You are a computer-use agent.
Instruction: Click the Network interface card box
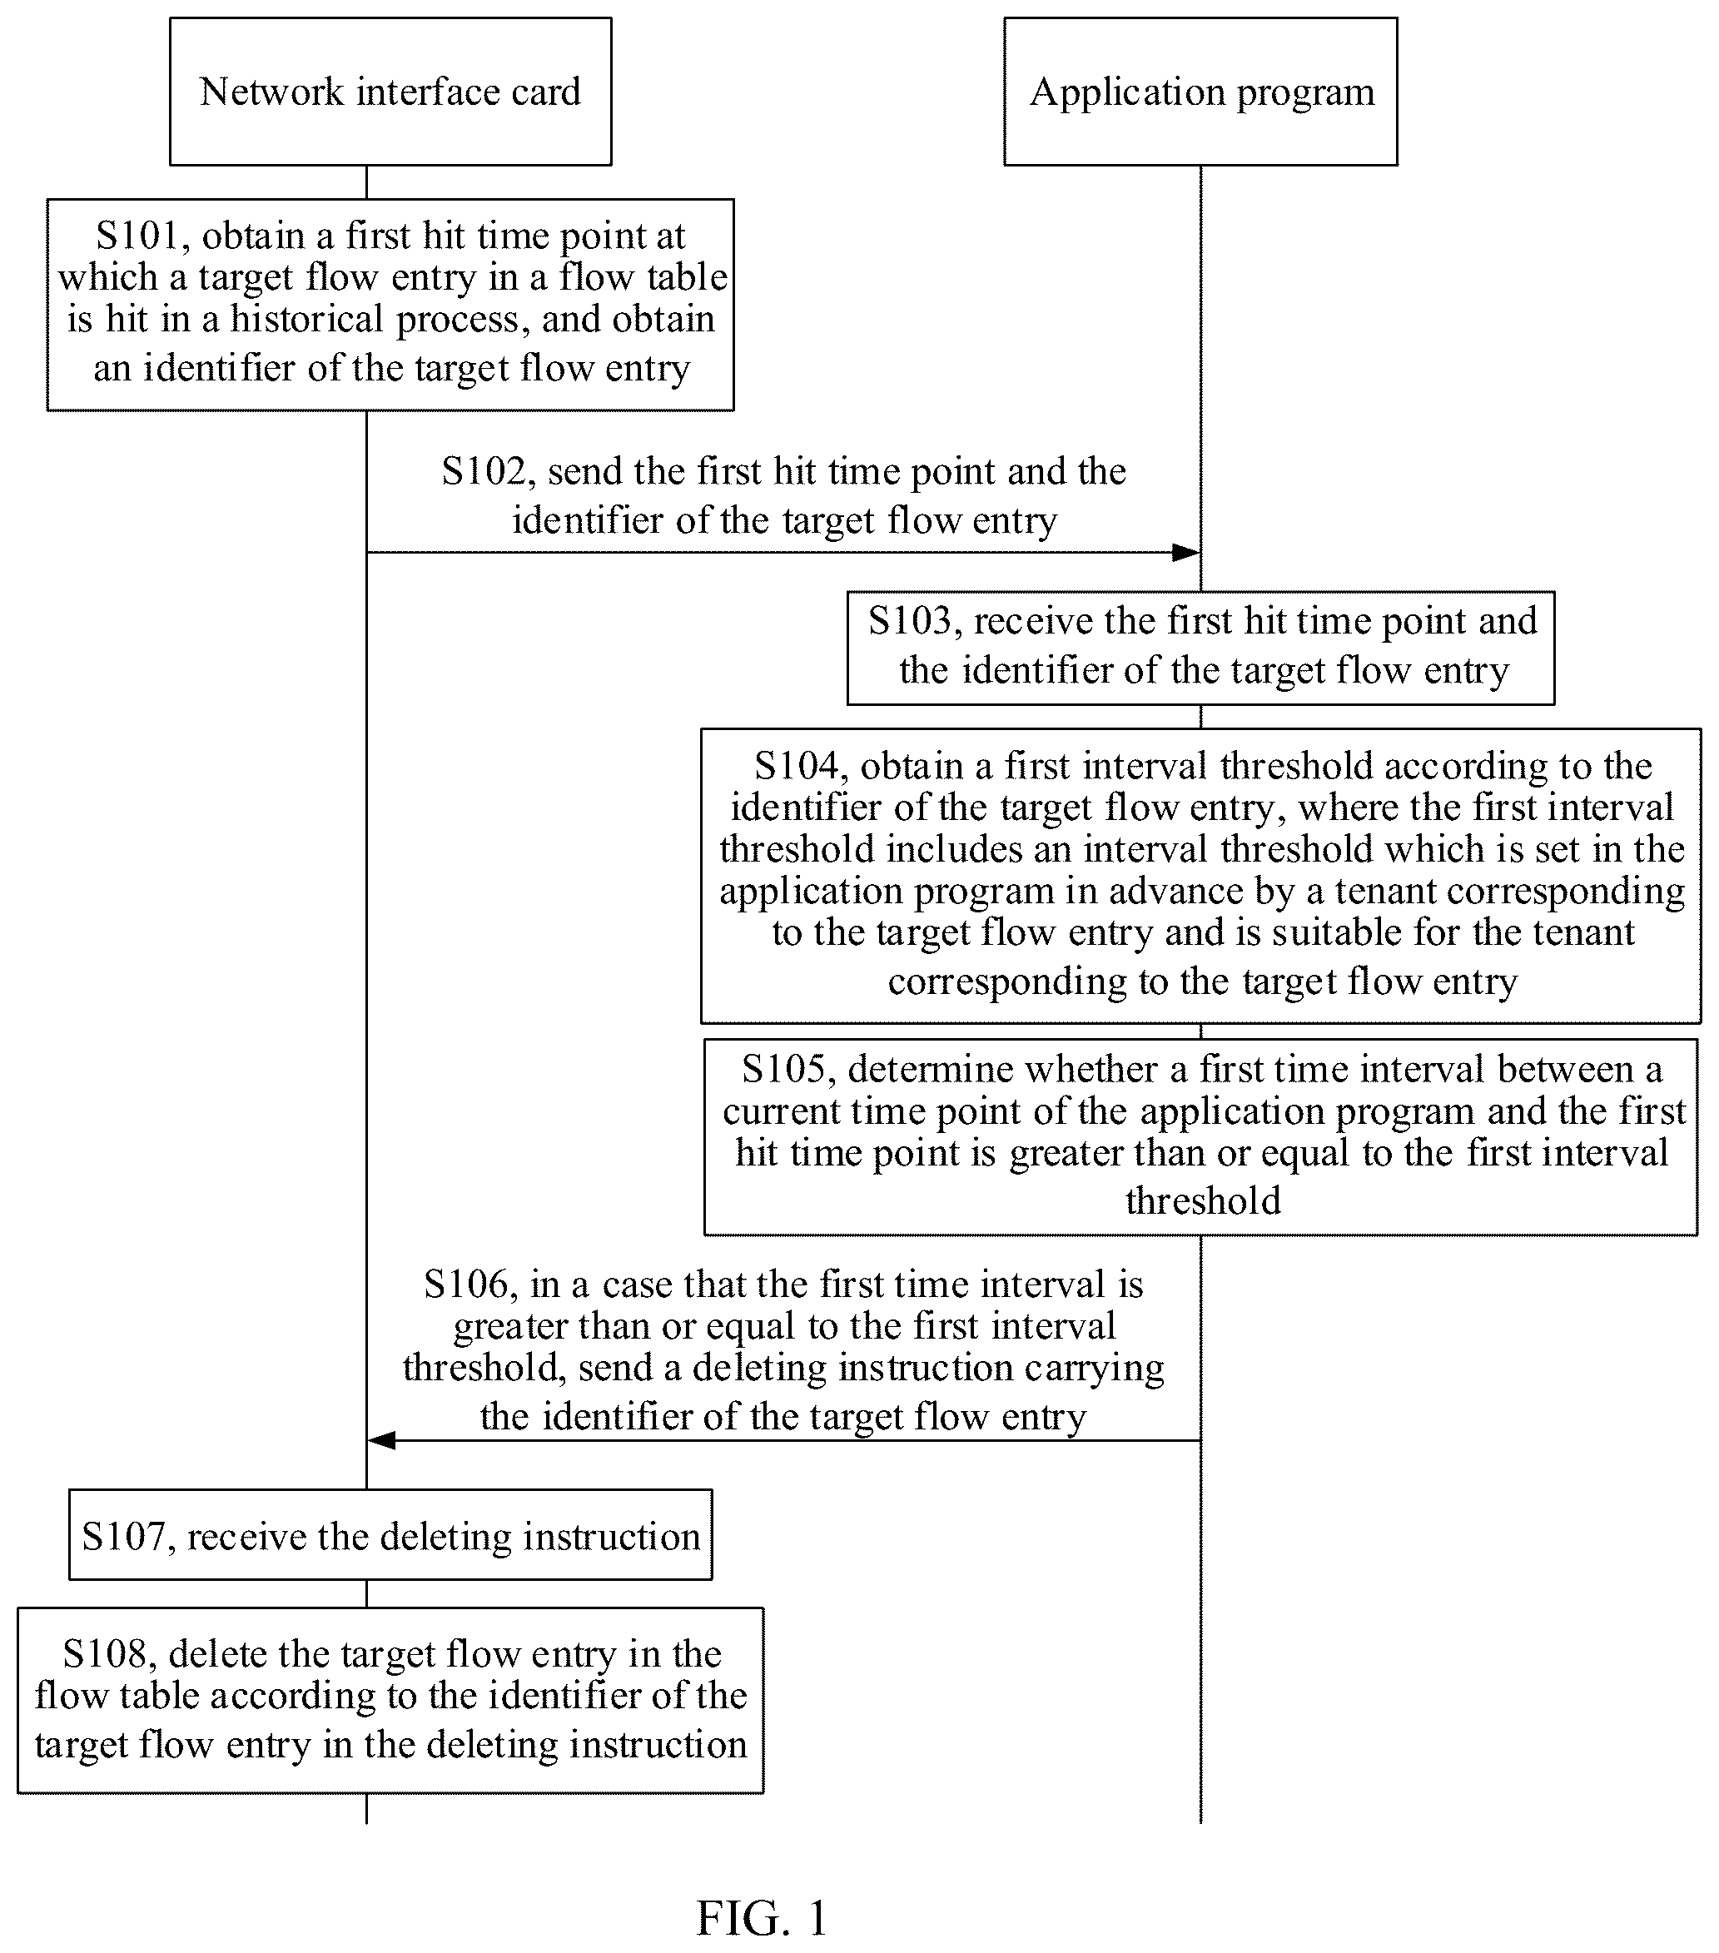click(390, 92)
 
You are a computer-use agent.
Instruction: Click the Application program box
click(1200, 92)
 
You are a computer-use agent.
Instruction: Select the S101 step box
click(390, 305)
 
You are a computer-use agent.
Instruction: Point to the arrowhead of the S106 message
click(382, 1440)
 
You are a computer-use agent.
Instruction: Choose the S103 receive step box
click(1200, 648)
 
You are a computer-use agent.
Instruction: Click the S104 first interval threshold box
click(1200, 876)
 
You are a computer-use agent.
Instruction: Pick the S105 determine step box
click(1200, 1137)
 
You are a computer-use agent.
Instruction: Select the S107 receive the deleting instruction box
click(390, 1534)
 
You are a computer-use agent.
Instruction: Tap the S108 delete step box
click(390, 1700)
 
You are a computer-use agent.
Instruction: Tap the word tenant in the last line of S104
click(1585, 932)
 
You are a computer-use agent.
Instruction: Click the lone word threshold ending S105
click(1203, 1200)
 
